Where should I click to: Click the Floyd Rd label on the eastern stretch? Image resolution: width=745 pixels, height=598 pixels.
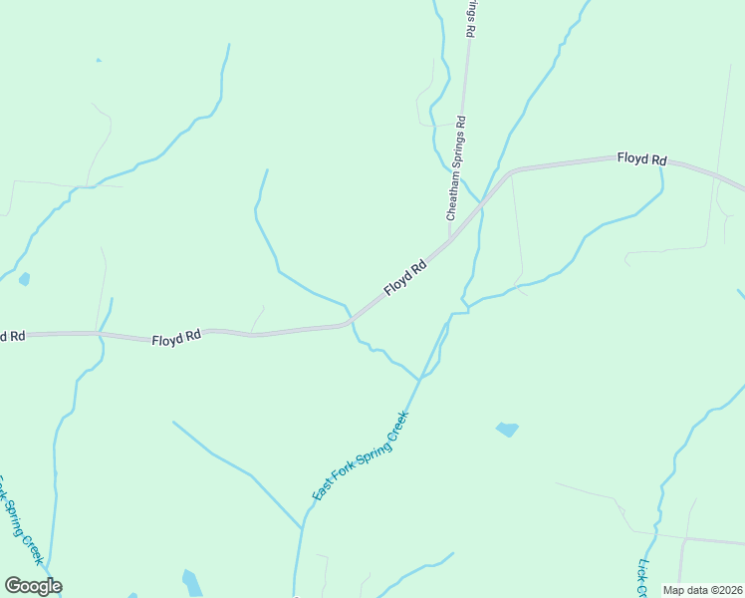640,158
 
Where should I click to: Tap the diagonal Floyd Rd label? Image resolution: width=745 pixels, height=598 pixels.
405,276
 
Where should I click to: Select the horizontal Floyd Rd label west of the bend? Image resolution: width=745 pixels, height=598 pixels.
176,339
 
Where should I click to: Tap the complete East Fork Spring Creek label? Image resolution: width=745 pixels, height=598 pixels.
360,456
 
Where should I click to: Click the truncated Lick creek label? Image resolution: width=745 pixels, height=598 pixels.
641,577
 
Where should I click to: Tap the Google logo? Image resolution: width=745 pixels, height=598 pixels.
33,586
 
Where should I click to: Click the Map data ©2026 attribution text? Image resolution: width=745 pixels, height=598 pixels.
701,590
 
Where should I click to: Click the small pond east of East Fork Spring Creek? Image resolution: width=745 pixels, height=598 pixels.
507,430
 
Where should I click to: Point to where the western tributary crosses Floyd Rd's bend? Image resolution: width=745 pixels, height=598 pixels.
350,321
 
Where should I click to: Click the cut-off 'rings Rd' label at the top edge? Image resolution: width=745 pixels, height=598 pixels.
473,18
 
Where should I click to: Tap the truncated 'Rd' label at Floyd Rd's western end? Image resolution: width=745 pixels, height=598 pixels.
12,337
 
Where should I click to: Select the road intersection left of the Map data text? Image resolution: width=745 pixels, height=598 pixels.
683,540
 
